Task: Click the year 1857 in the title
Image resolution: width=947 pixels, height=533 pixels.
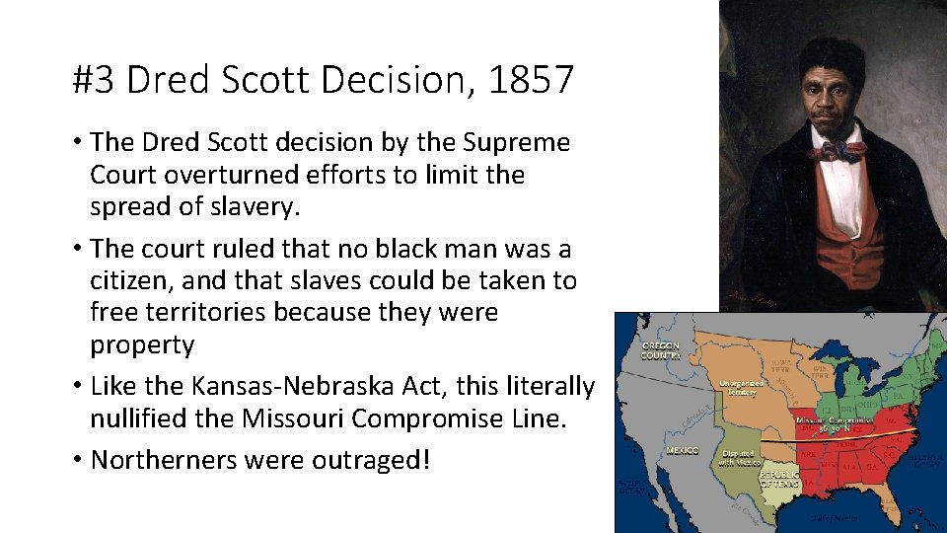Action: (531, 80)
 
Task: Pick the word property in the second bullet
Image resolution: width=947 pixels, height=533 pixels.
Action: (142, 345)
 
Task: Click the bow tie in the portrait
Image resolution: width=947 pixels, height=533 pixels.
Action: (837, 151)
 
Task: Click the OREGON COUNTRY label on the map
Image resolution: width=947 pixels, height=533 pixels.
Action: (661, 351)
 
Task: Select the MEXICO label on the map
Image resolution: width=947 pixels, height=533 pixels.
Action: (682, 451)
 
